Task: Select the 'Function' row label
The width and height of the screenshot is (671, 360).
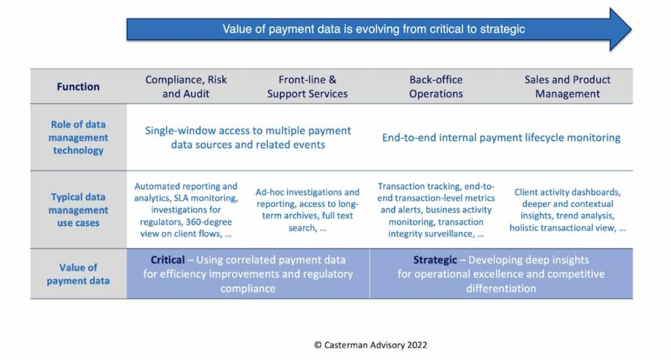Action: tap(78, 87)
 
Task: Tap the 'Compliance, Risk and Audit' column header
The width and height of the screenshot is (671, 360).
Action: tap(186, 87)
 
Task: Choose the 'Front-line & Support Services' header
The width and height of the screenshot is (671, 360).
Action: tap(307, 87)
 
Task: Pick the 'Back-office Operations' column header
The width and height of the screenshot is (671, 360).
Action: tap(436, 87)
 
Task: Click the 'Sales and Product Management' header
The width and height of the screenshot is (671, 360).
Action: tap(567, 87)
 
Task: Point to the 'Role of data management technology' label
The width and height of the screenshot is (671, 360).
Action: tap(78, 138)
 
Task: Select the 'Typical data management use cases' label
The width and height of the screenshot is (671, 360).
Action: tap(78, 210)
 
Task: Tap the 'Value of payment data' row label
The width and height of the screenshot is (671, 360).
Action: tap(78, 274)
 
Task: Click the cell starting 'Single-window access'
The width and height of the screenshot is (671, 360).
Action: tap(248, 138)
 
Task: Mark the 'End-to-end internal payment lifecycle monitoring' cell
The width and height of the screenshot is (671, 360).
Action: tap(501, 138)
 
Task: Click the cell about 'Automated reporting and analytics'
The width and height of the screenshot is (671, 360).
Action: tap(186, 210)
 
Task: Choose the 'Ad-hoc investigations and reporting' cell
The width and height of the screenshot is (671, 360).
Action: tap(307, 210)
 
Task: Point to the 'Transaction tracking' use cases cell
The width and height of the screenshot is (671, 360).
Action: tap(436, 210)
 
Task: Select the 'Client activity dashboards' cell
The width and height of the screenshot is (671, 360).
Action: tap(567, 210)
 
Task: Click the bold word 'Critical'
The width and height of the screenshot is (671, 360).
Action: tap(168, 260)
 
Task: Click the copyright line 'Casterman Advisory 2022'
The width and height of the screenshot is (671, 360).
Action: tap(371, 344)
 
